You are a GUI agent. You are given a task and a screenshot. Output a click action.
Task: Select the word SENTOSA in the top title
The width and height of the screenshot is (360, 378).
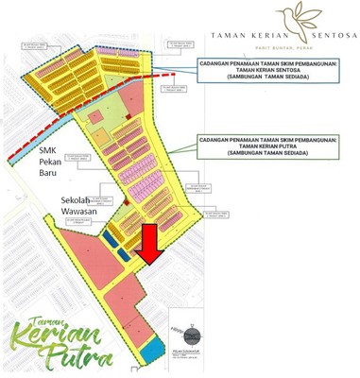[x=328, y=35]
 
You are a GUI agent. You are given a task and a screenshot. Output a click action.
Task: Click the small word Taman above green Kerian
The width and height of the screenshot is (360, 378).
[x=30, y=321]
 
